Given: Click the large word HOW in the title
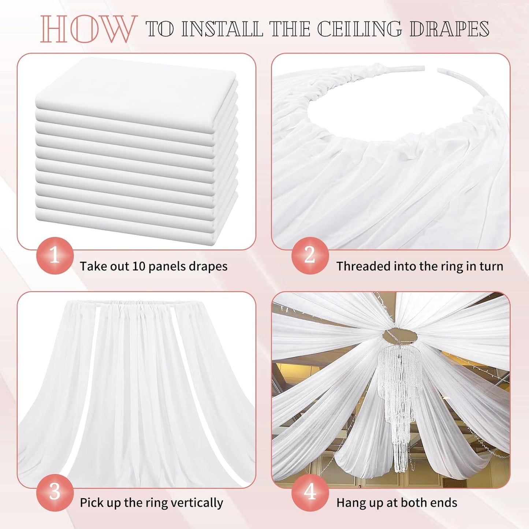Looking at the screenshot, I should point(88,29).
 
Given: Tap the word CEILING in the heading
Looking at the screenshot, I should point(359,29).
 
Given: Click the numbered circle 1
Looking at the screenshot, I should point(55,255).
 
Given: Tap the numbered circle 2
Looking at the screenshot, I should point(310,255).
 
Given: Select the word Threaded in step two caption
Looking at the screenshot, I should point(360,266).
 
